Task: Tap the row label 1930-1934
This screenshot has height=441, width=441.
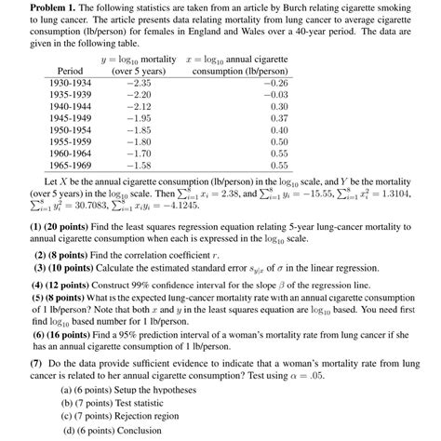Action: click(72, 82)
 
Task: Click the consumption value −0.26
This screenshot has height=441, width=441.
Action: click(274, 82)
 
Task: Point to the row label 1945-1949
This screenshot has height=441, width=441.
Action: click(72, 119)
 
